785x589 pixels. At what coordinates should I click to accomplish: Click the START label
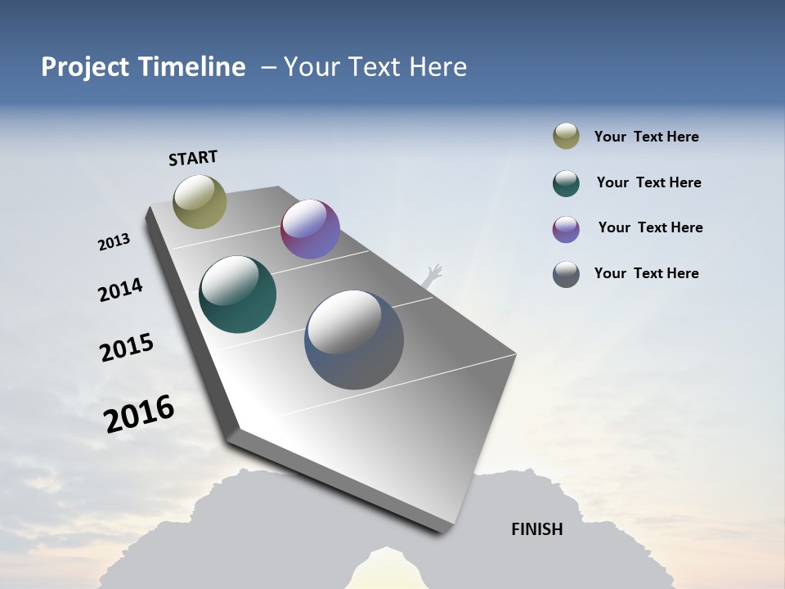(193, 158)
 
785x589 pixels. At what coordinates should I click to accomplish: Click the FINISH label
(536, 529)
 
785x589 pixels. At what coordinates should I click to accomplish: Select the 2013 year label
(114, 242)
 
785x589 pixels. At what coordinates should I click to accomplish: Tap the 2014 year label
(120, 290)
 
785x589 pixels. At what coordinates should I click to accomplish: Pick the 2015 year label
(127, 348)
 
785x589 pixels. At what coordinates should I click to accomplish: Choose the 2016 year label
(139, 413)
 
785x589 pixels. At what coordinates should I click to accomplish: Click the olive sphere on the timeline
(200, 201)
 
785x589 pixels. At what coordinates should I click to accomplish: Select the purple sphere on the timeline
(310, 229)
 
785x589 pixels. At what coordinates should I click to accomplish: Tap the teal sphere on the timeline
(237, 294)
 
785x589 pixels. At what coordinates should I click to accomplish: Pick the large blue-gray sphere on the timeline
(354, 339)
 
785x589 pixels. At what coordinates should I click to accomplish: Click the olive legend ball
(566, 137)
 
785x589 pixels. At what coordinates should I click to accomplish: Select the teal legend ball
(566, 183)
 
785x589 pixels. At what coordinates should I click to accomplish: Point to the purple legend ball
(566, 229)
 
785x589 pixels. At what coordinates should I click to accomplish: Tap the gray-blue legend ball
(566, 274)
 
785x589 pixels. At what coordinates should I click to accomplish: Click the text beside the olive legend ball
(646, 137)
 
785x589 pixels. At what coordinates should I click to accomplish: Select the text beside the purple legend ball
(650, 227)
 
